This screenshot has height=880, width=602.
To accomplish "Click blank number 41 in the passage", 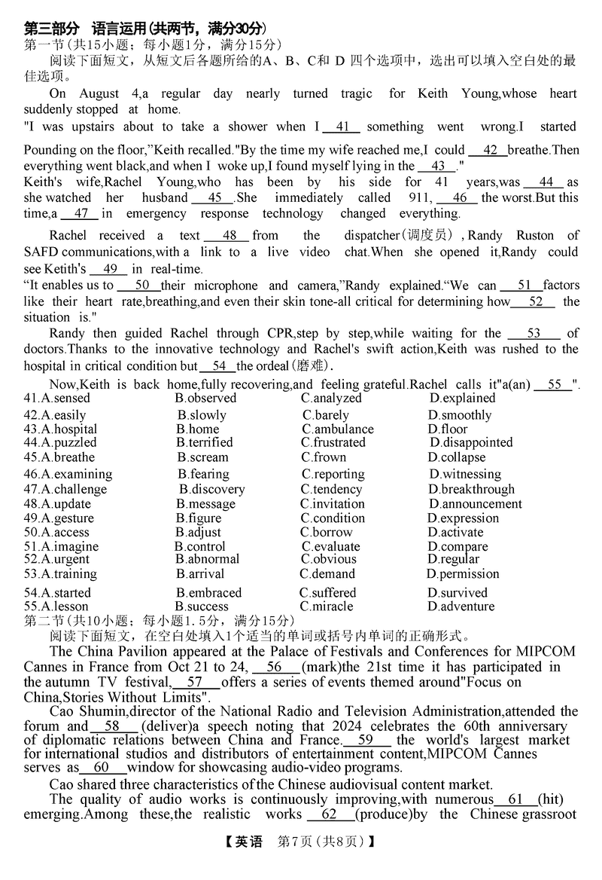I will click(342, 127).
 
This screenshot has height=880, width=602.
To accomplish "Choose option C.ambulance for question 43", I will click(337, 429).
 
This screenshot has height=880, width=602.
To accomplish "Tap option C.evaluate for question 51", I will click(331, 547).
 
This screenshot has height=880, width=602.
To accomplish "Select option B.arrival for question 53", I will click(200, 574).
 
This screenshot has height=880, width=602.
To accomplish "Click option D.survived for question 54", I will click(458, 593).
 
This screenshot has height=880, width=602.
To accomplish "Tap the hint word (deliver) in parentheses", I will click(166, 726).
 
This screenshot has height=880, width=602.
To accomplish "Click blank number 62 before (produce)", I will click(330, 814).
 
